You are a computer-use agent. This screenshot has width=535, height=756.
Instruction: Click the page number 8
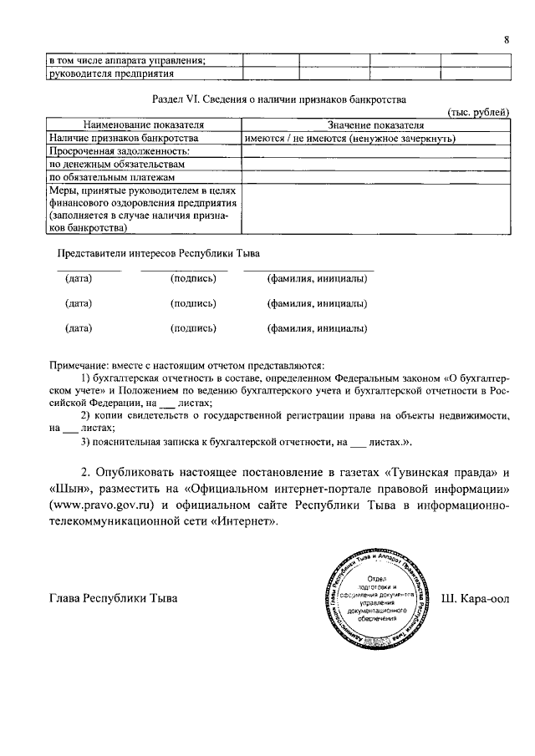[x=507, y=40]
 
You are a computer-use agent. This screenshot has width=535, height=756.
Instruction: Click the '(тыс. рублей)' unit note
[x=478, y=112]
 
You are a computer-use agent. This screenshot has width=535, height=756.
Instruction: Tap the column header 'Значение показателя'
[x=375, y=124]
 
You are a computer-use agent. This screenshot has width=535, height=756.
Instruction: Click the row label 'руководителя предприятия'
[x=110, y=74]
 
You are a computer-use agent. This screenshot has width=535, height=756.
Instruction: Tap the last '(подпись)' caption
[x=192, y=328]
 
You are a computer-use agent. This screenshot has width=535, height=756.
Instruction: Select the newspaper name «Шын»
[x=68, y=486]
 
